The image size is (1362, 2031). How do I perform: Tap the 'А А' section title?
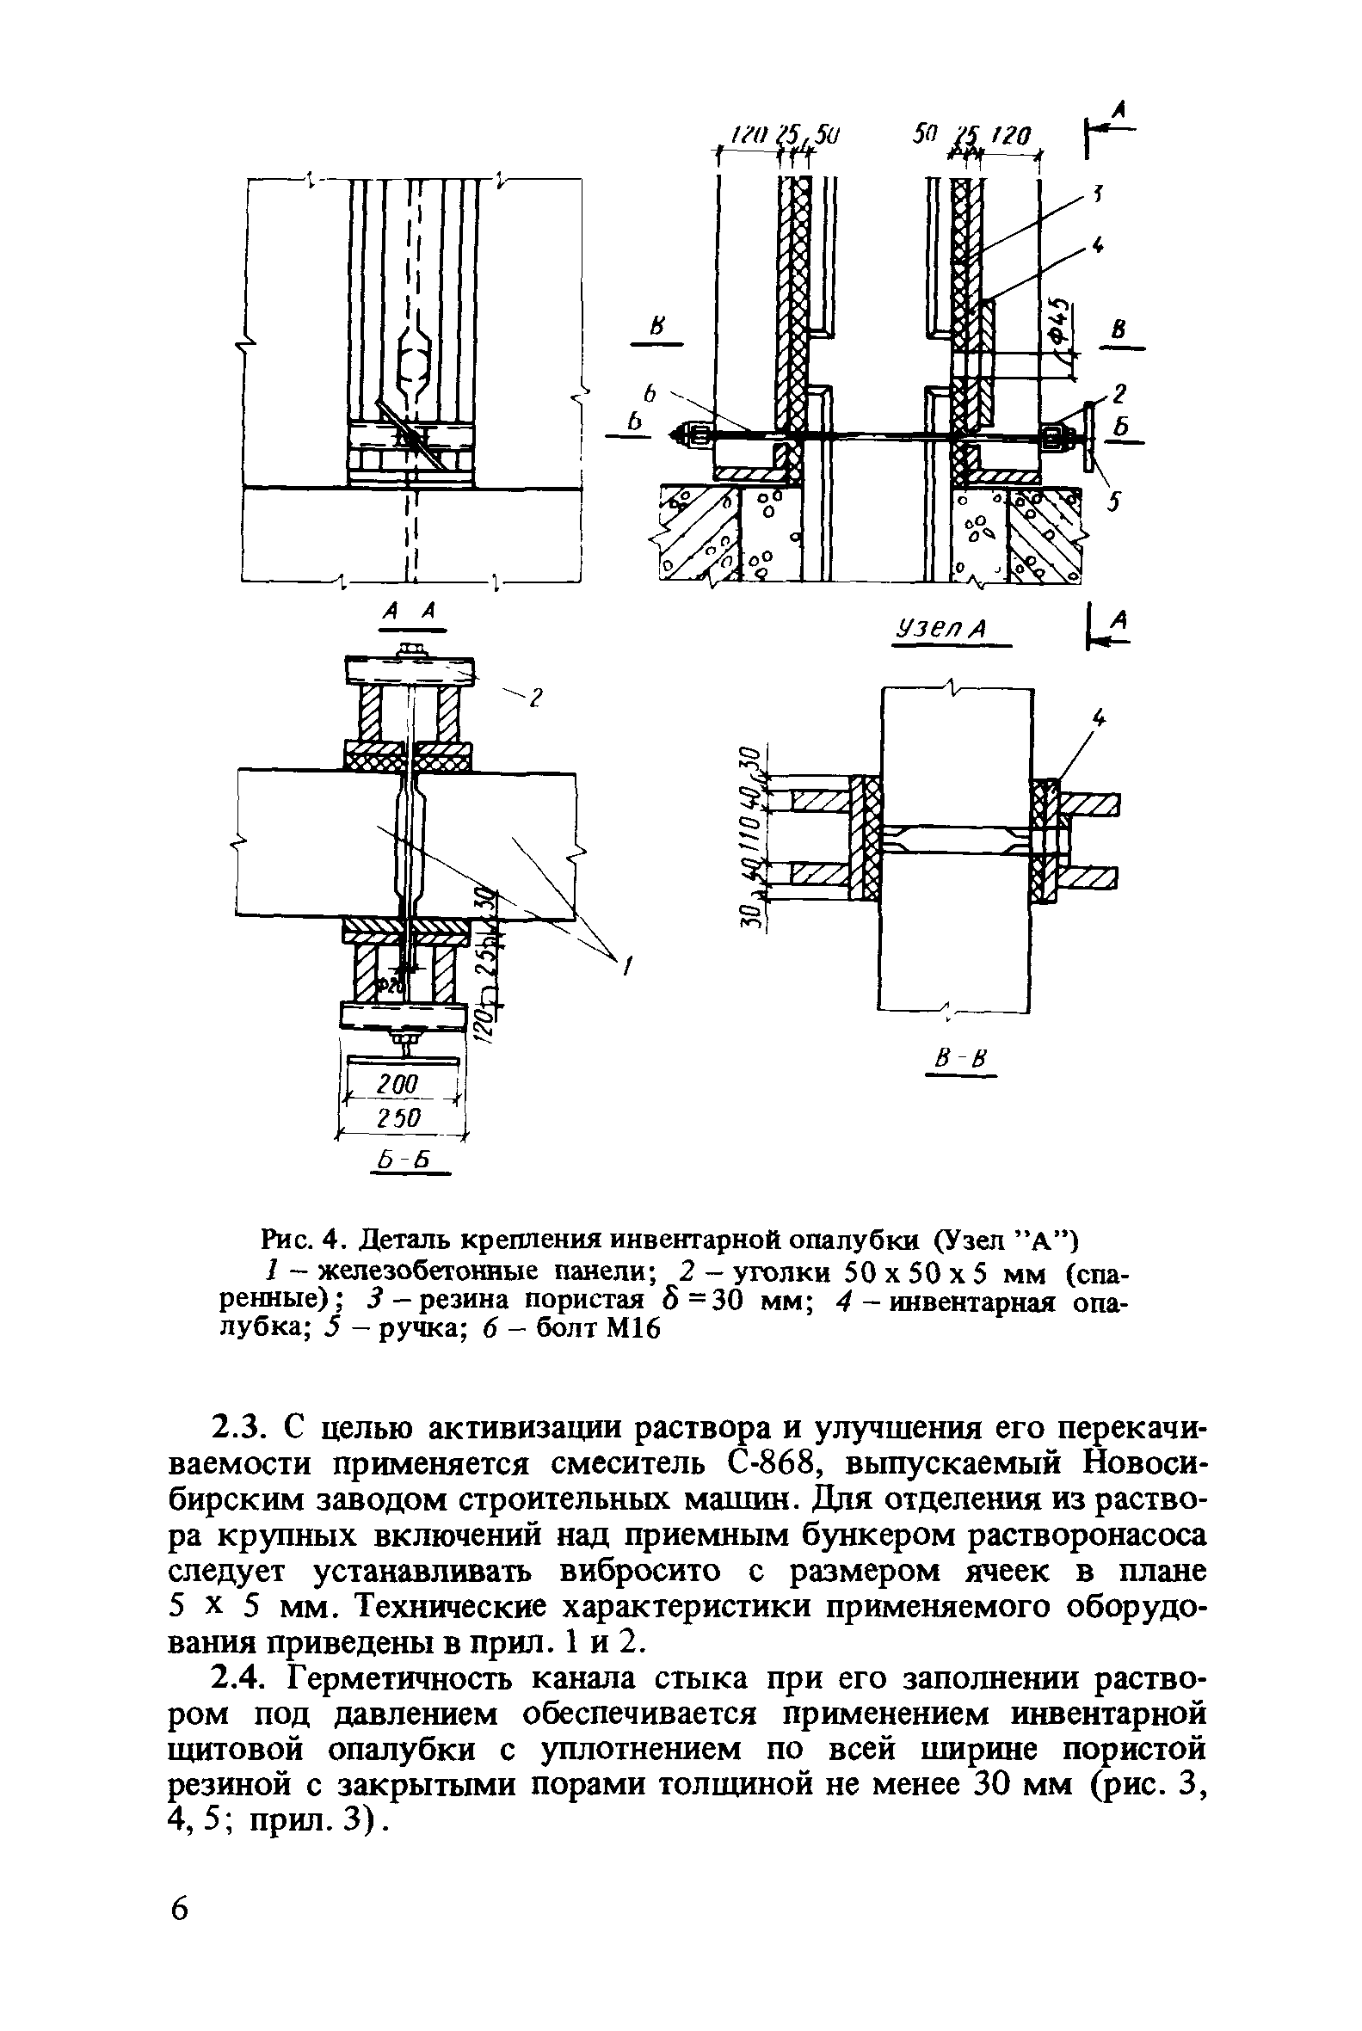408,613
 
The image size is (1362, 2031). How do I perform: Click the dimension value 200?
398,1083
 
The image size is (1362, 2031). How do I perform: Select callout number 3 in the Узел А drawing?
1097,196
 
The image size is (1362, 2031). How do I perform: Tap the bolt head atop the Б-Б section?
407,649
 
